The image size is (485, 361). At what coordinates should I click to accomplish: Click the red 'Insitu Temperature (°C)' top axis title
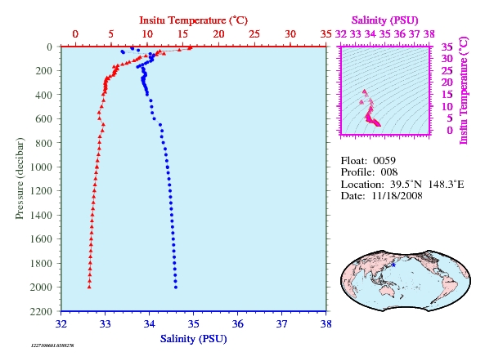click(193, 20)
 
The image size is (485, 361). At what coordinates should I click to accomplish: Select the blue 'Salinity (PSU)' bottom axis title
click(193, 339)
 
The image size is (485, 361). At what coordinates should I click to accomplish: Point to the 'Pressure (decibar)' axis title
click(20, 179)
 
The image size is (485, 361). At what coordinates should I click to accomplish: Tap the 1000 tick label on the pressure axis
click(41, 167)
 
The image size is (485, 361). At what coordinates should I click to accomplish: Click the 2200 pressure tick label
click(41, 311)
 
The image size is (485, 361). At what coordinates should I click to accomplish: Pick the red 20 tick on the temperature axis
click(218, 34)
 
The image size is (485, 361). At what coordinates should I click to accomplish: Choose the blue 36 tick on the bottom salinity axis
click(237, 324)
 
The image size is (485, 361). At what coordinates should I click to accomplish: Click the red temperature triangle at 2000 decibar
click(89, 287)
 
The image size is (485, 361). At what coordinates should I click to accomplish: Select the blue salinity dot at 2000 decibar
click(176, 287)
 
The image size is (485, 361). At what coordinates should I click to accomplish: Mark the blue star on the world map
click(393, 265)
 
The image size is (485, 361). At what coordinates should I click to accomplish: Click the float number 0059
click(384, 161)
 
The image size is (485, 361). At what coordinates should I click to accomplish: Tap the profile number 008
click(389, 172)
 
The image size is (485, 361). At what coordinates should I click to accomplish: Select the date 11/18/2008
click(397, 196)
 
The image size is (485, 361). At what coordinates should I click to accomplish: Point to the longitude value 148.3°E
click(446, 185)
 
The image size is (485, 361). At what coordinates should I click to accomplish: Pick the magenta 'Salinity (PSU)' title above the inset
click(384, 20)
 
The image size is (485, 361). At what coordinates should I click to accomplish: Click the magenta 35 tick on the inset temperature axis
click(447, 47)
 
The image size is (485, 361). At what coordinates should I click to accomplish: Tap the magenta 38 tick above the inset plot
click(429, 34)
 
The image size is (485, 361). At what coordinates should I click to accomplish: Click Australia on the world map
click(387, 291)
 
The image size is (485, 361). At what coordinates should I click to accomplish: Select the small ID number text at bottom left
click(52, 345)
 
